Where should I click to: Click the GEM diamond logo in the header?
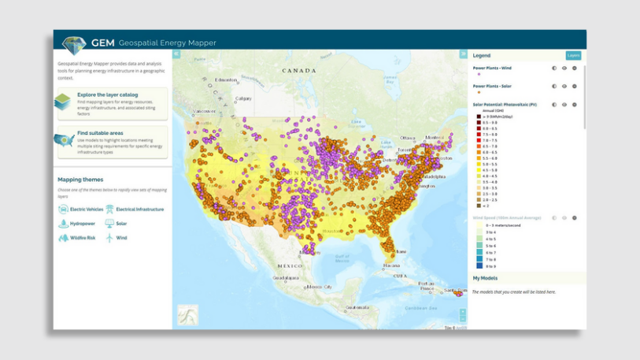(74, 44)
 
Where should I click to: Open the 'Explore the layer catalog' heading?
(107, 95)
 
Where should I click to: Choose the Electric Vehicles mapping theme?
(87, 210)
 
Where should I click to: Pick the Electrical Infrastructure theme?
(139, 210)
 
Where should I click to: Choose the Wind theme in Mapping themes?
(121, 238)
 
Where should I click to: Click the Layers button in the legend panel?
(572, 55)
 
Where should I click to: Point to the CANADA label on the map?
(299, 71)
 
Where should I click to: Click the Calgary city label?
(243, 98)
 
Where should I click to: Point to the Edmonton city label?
(226, 80)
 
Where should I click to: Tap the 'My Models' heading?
(486, 278)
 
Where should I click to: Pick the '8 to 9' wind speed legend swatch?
(479, 266)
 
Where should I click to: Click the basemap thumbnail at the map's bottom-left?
(188, 315)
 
